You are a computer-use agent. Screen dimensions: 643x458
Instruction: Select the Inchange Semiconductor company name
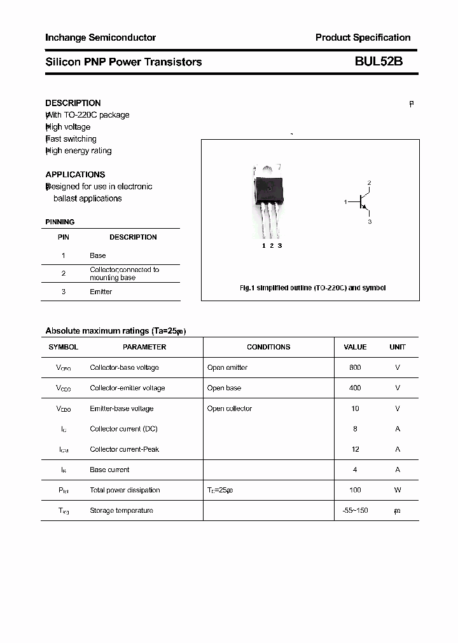101,37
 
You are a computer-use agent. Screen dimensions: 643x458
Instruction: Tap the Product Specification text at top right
363,37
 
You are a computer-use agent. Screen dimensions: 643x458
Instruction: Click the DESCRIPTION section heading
73,103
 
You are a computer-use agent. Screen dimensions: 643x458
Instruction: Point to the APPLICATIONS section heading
75,175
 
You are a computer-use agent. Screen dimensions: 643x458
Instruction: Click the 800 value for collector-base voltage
355,368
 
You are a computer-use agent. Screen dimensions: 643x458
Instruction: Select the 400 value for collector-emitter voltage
355,388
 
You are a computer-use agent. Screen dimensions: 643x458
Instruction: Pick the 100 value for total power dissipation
355,491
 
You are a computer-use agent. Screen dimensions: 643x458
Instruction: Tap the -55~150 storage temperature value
355,511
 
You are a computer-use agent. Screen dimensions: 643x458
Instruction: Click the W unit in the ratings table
398,491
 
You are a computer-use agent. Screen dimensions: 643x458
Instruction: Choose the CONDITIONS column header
268,348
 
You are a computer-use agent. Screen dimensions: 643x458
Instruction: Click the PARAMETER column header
144,348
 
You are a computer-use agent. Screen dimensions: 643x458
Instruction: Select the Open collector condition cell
230,409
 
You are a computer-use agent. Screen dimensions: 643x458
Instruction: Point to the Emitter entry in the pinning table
101,292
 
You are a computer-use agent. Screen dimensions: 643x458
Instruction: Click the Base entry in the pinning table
98,255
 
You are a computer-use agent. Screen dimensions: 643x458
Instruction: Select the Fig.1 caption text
312,288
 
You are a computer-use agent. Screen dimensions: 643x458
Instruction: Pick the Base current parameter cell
109,470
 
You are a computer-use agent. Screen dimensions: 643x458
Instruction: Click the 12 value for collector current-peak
355,450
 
